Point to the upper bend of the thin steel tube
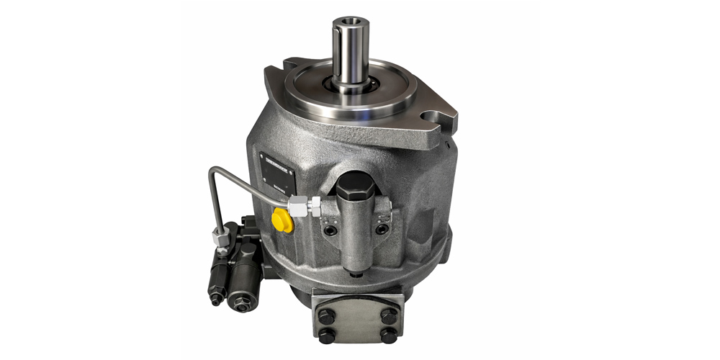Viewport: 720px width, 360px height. coord(214,172)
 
